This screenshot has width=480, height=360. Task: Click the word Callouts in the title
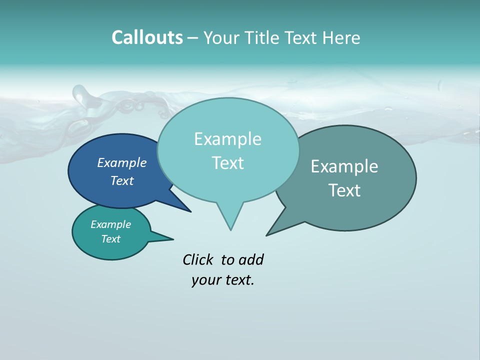pos(147,37)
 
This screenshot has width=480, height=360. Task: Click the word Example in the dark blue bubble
pos(121,163)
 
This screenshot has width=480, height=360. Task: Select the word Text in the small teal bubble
pos(110,239)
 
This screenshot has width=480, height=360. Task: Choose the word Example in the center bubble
pos(227,139)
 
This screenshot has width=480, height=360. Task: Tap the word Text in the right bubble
pos(344,190)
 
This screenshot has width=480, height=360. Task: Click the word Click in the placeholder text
pos(199,259)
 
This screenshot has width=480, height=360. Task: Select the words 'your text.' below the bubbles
pos(222,280)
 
